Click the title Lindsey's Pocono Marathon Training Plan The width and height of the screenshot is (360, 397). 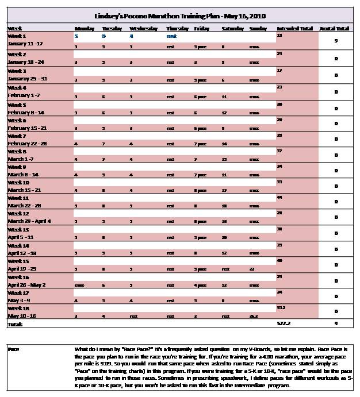click(x=180, y=16)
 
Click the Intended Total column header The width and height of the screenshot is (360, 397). click(x=295, y=28)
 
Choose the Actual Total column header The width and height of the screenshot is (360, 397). click(x=335, y=28)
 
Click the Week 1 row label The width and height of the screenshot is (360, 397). click(x=16, y=36)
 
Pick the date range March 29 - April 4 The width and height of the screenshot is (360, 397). click(x=29, y=221)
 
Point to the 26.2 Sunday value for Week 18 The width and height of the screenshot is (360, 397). click(x=253, y=316)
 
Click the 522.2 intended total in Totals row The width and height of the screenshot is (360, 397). click(x=283, y=325)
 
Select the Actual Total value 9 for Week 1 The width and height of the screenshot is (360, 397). click(x=335, y=41)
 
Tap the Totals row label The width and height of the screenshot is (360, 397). click(x=15, y=325)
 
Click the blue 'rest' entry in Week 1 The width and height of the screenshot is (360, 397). click(x=171, y=36)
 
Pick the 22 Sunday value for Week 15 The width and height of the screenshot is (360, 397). click(x=252, y=268)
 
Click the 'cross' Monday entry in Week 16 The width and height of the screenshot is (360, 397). click(x=79, y=284)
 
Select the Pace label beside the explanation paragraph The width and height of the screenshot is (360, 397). click(x=13, y=349)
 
